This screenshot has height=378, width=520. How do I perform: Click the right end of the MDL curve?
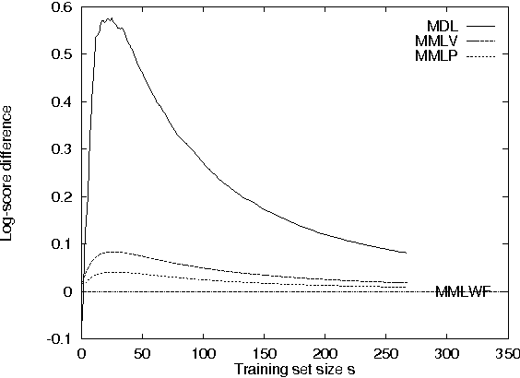406,253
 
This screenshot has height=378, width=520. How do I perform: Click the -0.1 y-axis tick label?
60,339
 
